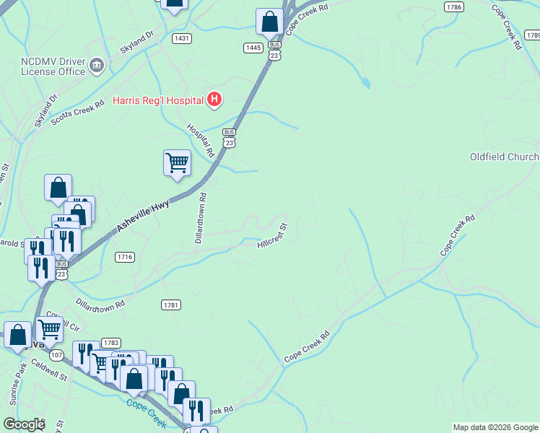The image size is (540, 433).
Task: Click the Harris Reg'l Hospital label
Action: click(158, 100)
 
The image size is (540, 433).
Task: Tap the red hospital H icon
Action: click(214, 99)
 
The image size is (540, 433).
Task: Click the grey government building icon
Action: click(96, 67)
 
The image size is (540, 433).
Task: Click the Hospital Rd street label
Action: click(201, 140)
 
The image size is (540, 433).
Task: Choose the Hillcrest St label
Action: click(272, 236)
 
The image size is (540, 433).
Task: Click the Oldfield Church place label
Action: click(504, 157)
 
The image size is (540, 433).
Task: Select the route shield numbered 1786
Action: click(453, 7)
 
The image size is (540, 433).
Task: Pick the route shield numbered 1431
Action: click(181, 38)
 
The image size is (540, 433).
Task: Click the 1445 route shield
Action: click(253, 48)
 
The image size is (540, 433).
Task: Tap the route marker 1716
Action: click(125, 257)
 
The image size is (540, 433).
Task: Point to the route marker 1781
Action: click(171, 305)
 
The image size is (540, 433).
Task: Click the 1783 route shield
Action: click(110, 342)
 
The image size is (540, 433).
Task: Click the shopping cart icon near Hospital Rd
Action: click(177, 163)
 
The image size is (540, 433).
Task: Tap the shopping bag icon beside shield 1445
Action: click(269, 22)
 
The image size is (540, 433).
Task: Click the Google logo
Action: click(24, 424)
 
